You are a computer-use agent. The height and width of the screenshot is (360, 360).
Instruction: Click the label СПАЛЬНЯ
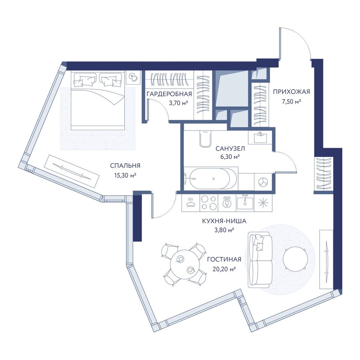point(125,166)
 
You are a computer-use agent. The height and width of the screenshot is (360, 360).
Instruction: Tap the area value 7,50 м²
point(291,102)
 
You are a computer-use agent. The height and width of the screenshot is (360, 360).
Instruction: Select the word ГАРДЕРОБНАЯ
point(169,94)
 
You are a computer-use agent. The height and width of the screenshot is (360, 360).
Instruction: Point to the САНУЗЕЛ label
point(230,149)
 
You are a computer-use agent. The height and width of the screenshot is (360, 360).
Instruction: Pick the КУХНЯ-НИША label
point(224,221)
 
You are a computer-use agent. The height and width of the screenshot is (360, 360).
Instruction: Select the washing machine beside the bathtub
point(263,181)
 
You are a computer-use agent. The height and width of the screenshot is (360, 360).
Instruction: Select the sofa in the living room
point(260,259)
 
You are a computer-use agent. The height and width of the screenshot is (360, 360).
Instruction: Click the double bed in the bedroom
point(98,100)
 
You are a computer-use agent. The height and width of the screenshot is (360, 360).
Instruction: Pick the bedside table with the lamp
point(133,77)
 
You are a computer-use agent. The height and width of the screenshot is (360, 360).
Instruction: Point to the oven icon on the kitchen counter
point(190,202)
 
